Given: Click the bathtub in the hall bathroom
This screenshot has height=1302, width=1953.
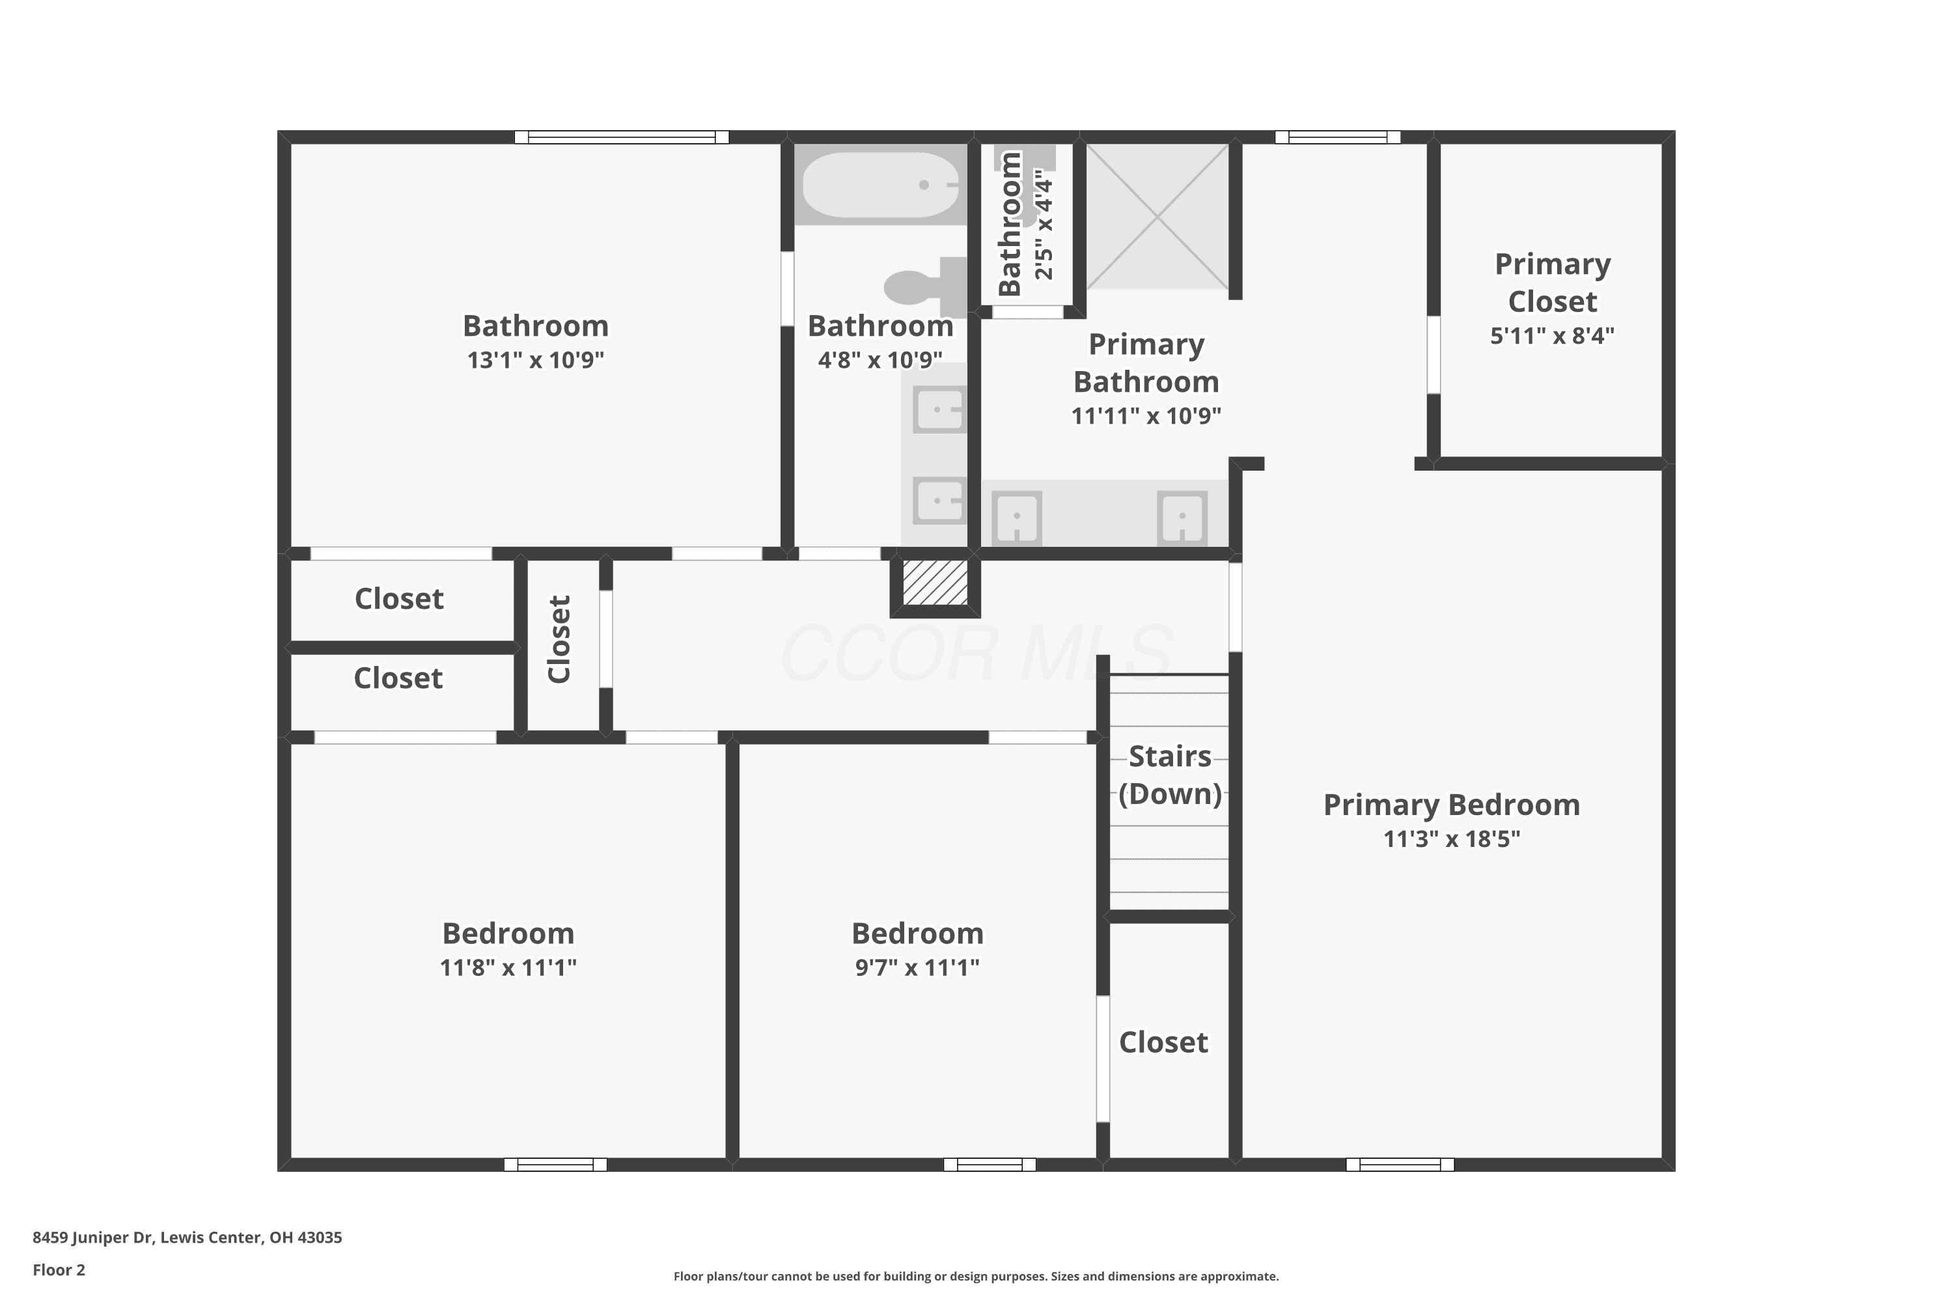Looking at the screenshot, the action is click(x=880, y=184).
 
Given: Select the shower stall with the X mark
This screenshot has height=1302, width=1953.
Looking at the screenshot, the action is click(x=1157, y=217).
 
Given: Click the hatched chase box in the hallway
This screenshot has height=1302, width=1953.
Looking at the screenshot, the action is click(x=935, y=583).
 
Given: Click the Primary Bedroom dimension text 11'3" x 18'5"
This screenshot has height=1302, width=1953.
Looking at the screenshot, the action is click(x=1452, y=838).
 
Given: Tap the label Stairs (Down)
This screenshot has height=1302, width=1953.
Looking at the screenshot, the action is click(x=1170, y=775).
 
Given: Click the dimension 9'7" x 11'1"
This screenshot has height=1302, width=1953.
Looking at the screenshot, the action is click(x=917, y=967).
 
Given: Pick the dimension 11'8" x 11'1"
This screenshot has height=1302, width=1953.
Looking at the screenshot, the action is click(x=508, y=967).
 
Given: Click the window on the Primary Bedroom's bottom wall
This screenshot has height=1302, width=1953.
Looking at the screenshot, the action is click(x=1400, y=1164).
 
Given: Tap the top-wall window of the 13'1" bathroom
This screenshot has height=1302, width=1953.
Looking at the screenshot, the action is click(x=622, y=137).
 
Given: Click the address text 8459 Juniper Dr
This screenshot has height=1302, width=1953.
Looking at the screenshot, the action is click(x=93, y=1238).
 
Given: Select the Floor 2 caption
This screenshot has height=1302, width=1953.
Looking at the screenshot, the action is click(x=59, y=1269).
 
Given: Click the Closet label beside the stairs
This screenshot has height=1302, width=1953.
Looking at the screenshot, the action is click(x=1163, y=1042).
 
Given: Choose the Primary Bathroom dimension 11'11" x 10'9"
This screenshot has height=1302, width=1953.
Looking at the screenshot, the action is click(x=1146, y=416).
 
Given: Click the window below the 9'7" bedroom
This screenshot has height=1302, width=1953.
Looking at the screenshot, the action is click(x=990, y=1164).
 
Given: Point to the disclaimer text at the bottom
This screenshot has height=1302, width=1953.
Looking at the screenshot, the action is click(x=976, y=1276).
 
